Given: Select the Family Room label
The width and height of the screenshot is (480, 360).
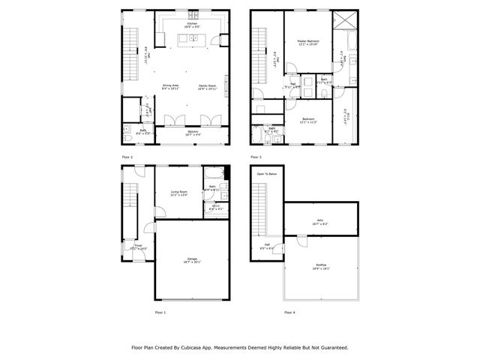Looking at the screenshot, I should (206, 85).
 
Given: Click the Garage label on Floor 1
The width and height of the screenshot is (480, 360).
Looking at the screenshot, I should (193, 259).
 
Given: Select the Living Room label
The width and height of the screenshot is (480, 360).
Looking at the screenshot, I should (178, 191).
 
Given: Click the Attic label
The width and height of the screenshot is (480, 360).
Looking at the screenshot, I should (320, 221).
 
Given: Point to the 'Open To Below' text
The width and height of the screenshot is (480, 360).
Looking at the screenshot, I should (267, 173).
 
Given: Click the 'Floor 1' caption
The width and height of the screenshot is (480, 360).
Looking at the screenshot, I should (160, 311).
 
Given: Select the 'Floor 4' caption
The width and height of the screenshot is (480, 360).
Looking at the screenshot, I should (289, 311).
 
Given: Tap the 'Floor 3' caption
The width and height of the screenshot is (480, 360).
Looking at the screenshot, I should (256, 157).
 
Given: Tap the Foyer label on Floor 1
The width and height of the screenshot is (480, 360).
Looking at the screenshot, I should (139, 244).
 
